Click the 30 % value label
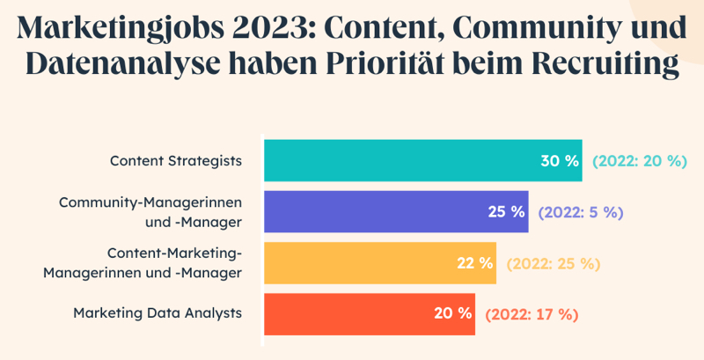(560, 161)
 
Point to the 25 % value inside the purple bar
(506, 212)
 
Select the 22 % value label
(474, 263)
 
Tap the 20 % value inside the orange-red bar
(453, 314)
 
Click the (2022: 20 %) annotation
(639, 161)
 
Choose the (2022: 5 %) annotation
(580, 212)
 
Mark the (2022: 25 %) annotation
(554, 263)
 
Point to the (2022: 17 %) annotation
(532, 314)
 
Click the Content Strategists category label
(176, 161)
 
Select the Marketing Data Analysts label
(158, 313)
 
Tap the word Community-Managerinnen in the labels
(150, 202)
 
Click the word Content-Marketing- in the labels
(174, 253)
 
